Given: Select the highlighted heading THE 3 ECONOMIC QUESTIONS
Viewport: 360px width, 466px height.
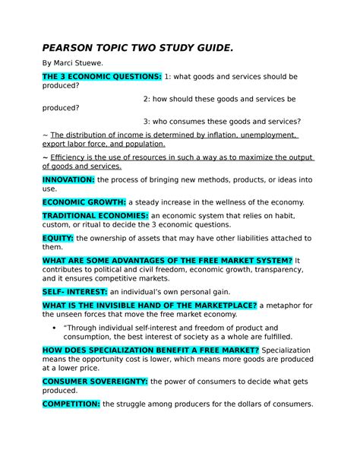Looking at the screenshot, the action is (101, 77).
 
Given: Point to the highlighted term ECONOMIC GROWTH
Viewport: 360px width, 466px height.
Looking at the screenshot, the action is (84, 202).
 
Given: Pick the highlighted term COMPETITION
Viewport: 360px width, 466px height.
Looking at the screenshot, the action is (71, 404).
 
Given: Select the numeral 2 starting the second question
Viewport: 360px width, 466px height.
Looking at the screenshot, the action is (146, 99).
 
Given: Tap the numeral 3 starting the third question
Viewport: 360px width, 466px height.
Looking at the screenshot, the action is (146, 121).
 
